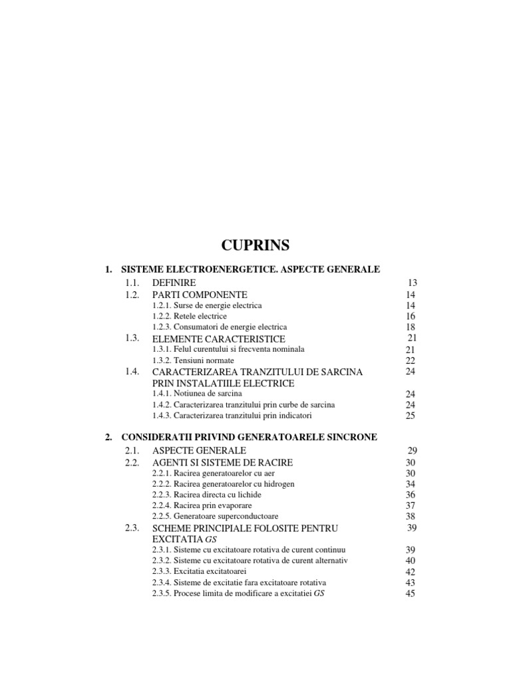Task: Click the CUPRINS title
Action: click(255, 245)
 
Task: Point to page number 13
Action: click(413, 283)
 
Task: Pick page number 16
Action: click(411, 316)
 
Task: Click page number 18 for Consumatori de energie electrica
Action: click(411, 327)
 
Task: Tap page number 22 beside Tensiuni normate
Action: click(411, 360)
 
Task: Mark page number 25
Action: click(411, 416)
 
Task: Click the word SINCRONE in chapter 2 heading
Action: click(352, 437)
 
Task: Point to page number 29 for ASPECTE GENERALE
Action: click(413, 451)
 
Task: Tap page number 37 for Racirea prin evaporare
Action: click(411, 505)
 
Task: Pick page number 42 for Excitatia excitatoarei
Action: click(411, 572)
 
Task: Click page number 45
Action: click(411, 594)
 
